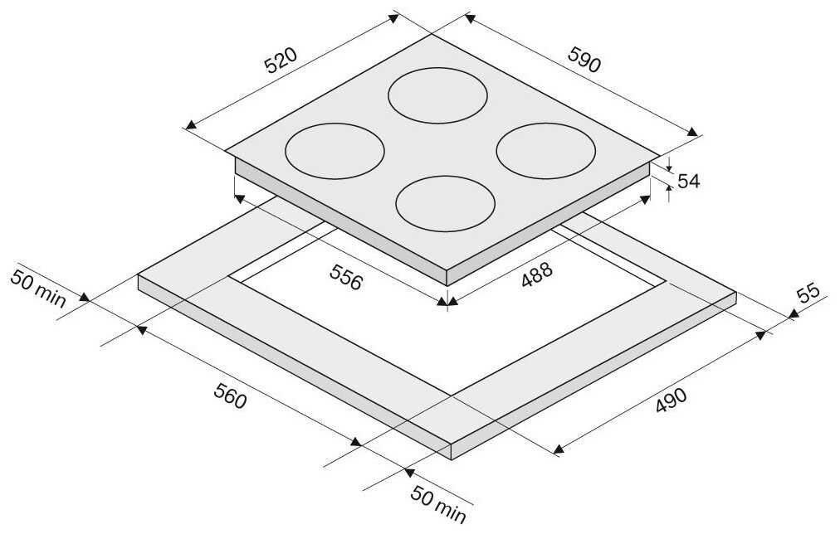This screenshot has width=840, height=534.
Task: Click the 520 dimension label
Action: (x=280, y=61)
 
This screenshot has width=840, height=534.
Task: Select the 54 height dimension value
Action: (x=688, y=182)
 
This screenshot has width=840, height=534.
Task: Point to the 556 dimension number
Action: (x=344, y=277)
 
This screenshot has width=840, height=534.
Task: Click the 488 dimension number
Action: (x=538, y=276)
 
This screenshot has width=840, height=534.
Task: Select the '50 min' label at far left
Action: (x=38, y=288)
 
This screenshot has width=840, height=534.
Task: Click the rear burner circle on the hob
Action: (x=437, y=95)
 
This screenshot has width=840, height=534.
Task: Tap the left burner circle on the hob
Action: (x=335, y=151)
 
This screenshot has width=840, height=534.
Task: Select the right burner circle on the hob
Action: (x=545, y=150)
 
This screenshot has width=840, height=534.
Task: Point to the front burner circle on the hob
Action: (x=445, y=204)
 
